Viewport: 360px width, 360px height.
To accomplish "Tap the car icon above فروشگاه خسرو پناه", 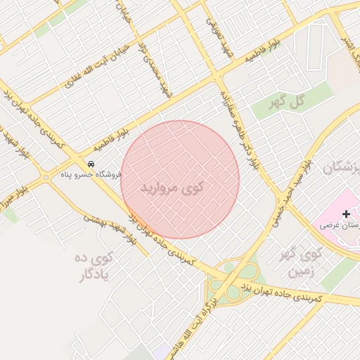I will point(91,163).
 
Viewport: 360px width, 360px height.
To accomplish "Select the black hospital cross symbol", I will point(345,214).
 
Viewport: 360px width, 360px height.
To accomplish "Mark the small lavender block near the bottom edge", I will point(162,352).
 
